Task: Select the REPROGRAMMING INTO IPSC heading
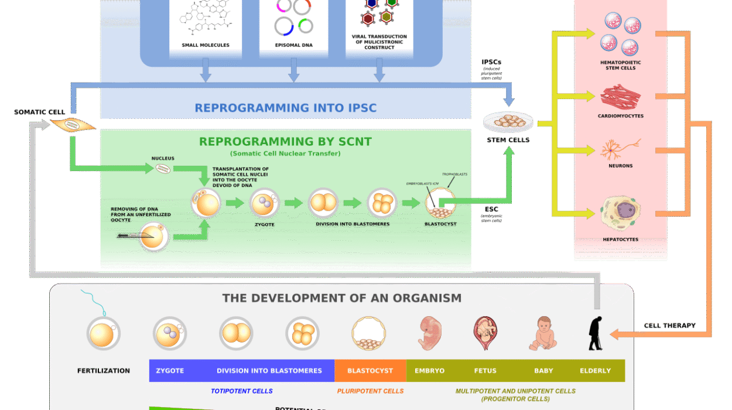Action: (x=286, y=108)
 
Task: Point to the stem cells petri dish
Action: (x=508, y=122)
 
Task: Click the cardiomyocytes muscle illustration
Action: (x=620, y=97)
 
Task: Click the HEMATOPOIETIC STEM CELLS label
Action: (x=620, y=65)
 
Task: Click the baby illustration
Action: (x=543, y=333)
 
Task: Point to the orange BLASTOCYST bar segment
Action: (x=370, y=371)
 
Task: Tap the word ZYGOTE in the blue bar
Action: (x=170, y=371)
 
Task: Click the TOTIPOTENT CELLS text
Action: (x=242, y=391)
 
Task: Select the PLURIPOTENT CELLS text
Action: (x=370, y=391)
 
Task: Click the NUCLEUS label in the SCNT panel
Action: (x=163, y=158)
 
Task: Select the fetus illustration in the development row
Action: (x=485, y=333)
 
